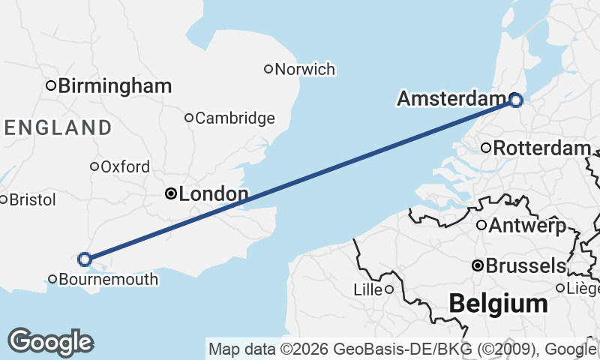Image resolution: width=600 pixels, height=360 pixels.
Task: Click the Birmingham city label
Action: (x=115, y=86)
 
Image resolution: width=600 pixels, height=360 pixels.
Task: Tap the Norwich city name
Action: (x=304, y=70)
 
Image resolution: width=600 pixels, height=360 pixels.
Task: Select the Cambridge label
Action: (x=235, y=118)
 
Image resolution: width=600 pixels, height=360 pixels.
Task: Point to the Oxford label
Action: (x=124, y=166)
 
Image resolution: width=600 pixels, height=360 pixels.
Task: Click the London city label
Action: (x=214, y=195)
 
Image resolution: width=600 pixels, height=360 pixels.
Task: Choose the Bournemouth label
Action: (x=108, y=280)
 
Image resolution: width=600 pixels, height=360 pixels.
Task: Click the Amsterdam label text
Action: (x=451, y=99)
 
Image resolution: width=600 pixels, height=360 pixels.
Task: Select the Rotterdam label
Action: (x=541, y=148)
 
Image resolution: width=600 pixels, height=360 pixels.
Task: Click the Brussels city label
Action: (x=526, y=265)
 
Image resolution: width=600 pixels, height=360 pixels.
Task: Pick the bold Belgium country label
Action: (x=498, y=304)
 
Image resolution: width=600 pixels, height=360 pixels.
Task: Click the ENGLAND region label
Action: (x=58, y=127)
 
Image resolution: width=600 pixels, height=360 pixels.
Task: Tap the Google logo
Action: (x=50, y=342)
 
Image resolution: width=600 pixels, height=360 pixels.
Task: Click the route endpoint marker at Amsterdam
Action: (x=515, y=99)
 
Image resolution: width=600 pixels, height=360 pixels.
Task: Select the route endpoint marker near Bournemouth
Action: (x=85, y=259)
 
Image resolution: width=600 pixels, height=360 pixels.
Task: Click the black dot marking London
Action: (x=170, y=194)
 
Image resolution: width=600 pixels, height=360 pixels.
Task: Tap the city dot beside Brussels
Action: (x=476, y=265)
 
